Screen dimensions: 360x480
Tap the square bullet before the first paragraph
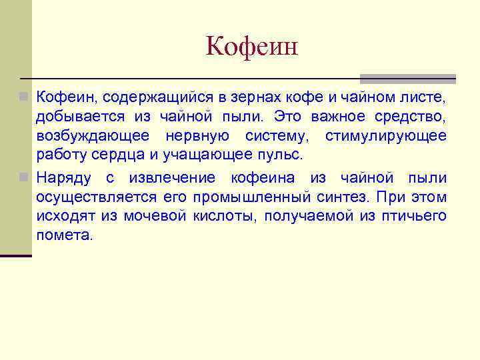(x=24, y=98)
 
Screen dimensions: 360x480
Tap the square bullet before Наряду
(x=24, y=178)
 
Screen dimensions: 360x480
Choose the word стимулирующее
(x=386, y=137)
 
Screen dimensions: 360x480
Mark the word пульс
(x=283, y=155)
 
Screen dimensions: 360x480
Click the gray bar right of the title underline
(x=408, y=78)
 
